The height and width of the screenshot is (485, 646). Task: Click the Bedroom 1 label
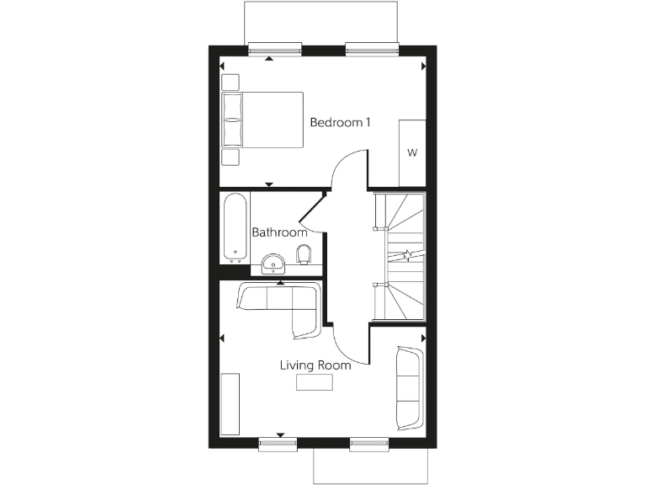point(341,122)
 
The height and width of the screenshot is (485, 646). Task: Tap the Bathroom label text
point(279,232)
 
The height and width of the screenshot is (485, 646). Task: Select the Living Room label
point(315,365)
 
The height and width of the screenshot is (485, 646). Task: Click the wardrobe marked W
point(412,152)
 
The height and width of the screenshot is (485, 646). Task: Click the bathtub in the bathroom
point(235,228)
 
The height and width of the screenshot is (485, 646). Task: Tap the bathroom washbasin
point(273,264)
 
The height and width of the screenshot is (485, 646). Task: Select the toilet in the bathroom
point(305,254)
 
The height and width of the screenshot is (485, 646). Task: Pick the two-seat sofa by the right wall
point(409,386)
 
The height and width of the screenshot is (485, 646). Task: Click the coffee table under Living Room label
point(315,382)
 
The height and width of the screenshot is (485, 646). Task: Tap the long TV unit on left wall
point(230,405)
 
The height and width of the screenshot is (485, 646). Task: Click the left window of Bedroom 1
point(275,47)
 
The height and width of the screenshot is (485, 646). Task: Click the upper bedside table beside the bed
point(230,83)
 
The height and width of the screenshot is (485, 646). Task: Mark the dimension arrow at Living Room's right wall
point(423,338)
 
